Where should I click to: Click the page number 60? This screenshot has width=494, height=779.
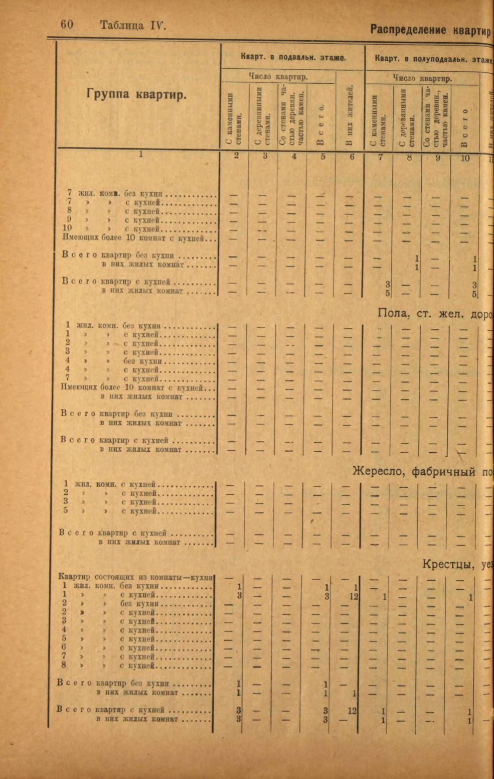[67, 25]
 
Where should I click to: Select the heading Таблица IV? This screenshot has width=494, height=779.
[132, 25]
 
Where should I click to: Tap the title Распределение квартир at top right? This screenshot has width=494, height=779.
[430, 30]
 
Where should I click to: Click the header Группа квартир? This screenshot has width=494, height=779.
[136, 94]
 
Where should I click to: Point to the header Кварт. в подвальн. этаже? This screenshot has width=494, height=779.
[293, 57]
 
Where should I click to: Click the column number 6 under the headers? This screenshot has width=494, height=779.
[352, 157]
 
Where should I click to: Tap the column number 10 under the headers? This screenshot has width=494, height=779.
[465, 158]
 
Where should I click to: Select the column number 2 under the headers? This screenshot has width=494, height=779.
[237, 156]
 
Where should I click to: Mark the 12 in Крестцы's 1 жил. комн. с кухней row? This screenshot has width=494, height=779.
[353, 597]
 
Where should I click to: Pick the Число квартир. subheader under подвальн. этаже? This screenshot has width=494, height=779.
[278, 77]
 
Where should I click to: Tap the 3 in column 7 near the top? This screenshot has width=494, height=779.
[388, 285]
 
